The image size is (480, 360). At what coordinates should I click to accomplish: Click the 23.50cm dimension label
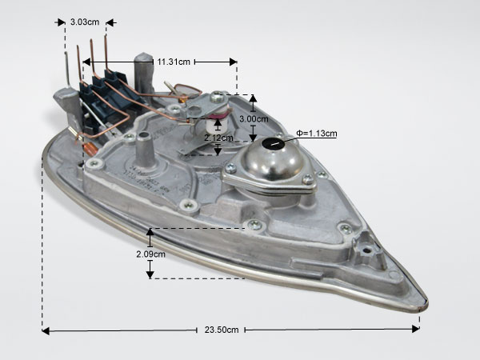222,330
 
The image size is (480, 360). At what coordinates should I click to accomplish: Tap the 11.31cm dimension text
174,62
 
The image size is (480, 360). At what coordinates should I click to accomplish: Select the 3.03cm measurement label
85,22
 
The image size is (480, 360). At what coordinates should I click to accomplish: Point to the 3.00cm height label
254,118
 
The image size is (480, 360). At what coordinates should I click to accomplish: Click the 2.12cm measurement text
218,138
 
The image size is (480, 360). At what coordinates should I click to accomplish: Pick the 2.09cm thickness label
150,254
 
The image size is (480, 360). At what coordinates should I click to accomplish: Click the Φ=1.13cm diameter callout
317,134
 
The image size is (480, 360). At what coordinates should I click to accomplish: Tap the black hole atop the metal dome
274,143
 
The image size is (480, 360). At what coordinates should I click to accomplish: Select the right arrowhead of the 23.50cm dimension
416,329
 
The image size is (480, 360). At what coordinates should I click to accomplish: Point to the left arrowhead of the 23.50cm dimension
46,331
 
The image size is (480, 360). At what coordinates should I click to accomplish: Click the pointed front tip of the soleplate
426,303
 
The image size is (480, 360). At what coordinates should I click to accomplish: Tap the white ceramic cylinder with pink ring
216,122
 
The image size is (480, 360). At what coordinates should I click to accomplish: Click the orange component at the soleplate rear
90,149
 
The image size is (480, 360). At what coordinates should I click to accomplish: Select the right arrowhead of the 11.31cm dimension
234,62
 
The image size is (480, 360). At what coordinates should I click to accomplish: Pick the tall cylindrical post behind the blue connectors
143,73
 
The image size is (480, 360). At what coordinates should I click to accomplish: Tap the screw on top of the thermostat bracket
217,97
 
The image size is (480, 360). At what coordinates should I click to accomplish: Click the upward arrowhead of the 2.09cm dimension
150,232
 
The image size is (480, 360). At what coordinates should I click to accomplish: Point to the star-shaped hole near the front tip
366,251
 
